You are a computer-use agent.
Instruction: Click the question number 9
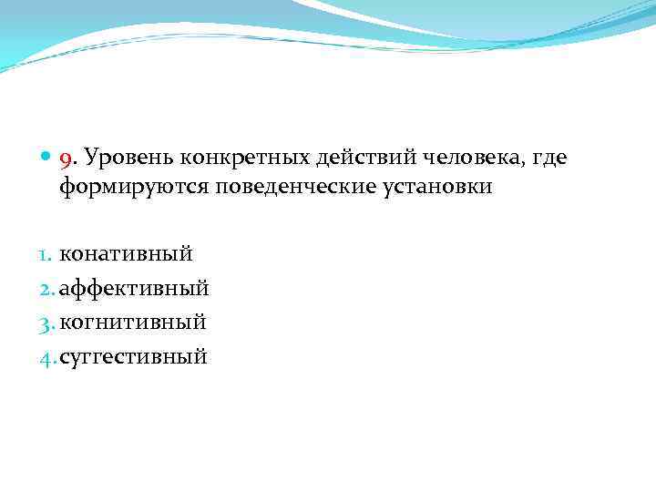(65, 160)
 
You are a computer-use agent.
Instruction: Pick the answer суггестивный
(134, 355)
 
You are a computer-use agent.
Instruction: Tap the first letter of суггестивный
(66, 356)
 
